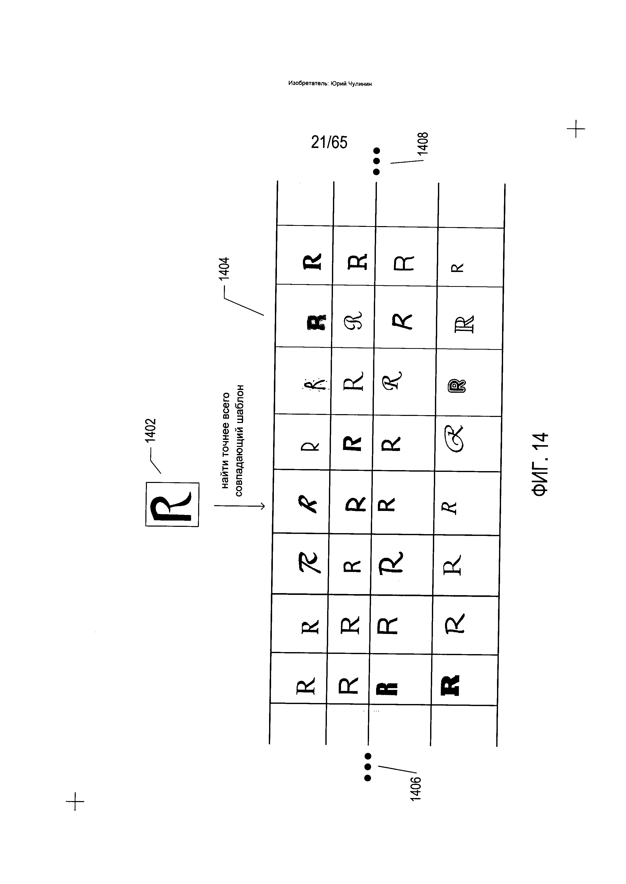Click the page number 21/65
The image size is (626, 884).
pos(329,142)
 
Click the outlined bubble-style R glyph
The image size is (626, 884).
pos(457,385)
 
